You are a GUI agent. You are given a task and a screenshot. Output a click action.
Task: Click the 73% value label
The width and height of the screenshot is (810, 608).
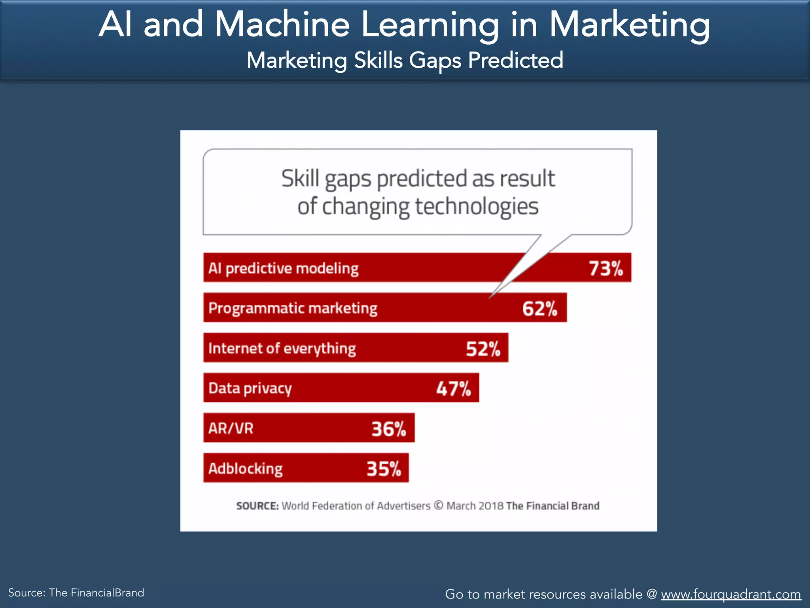(606, 268)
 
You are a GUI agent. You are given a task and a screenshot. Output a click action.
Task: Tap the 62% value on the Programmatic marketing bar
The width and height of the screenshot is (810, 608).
(539, 309)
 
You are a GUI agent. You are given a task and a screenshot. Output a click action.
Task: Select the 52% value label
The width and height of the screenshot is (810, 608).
(483, 349)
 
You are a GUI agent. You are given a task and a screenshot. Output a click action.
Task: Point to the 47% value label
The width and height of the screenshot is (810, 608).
(454, 389)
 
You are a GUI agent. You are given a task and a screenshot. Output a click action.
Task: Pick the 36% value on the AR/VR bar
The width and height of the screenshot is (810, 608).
(389, 429)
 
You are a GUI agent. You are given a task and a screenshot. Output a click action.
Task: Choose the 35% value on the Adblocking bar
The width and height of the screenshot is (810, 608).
(384, 469)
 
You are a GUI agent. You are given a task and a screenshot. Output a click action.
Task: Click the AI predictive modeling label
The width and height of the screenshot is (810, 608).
(283, 268)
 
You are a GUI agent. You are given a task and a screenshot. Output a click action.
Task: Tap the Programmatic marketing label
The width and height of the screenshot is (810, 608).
(293, 308)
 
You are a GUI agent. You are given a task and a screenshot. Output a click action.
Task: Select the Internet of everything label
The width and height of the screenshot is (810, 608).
(282, 348)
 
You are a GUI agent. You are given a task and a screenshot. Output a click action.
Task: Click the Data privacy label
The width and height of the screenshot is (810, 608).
(250, 388)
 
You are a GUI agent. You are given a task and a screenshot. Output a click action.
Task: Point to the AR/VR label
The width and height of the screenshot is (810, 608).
(231, 428)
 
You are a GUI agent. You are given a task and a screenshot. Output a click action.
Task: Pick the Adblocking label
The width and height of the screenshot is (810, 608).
(245, 469)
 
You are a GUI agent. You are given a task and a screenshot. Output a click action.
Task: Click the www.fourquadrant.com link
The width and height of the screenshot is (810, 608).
(731, 594)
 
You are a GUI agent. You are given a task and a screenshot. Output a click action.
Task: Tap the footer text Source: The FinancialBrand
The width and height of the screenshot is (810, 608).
(76, 593)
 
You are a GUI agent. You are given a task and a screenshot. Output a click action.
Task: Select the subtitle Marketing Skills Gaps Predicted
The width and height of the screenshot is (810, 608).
(405, 60)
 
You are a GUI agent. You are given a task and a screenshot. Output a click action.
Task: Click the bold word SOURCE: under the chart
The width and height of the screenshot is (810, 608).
(257, 506)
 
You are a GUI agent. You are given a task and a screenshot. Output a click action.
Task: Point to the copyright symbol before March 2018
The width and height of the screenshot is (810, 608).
(438, 505)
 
